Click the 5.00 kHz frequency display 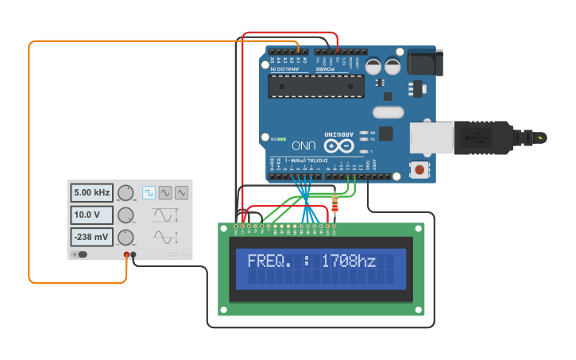coord(91,193)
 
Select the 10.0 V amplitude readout coord(91,215)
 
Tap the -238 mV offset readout coord(91,237)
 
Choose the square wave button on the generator coord(149,192)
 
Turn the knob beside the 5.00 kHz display coord(126,193)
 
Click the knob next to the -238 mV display coord(126,238)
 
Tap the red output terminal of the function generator coord(126,255)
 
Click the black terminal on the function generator coord(133,255)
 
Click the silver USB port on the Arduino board coord(432,137)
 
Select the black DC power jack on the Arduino coord(424,63)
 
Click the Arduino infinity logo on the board coord(338,146)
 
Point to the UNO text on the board coord(303,146)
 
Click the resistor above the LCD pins coord(334,207)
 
